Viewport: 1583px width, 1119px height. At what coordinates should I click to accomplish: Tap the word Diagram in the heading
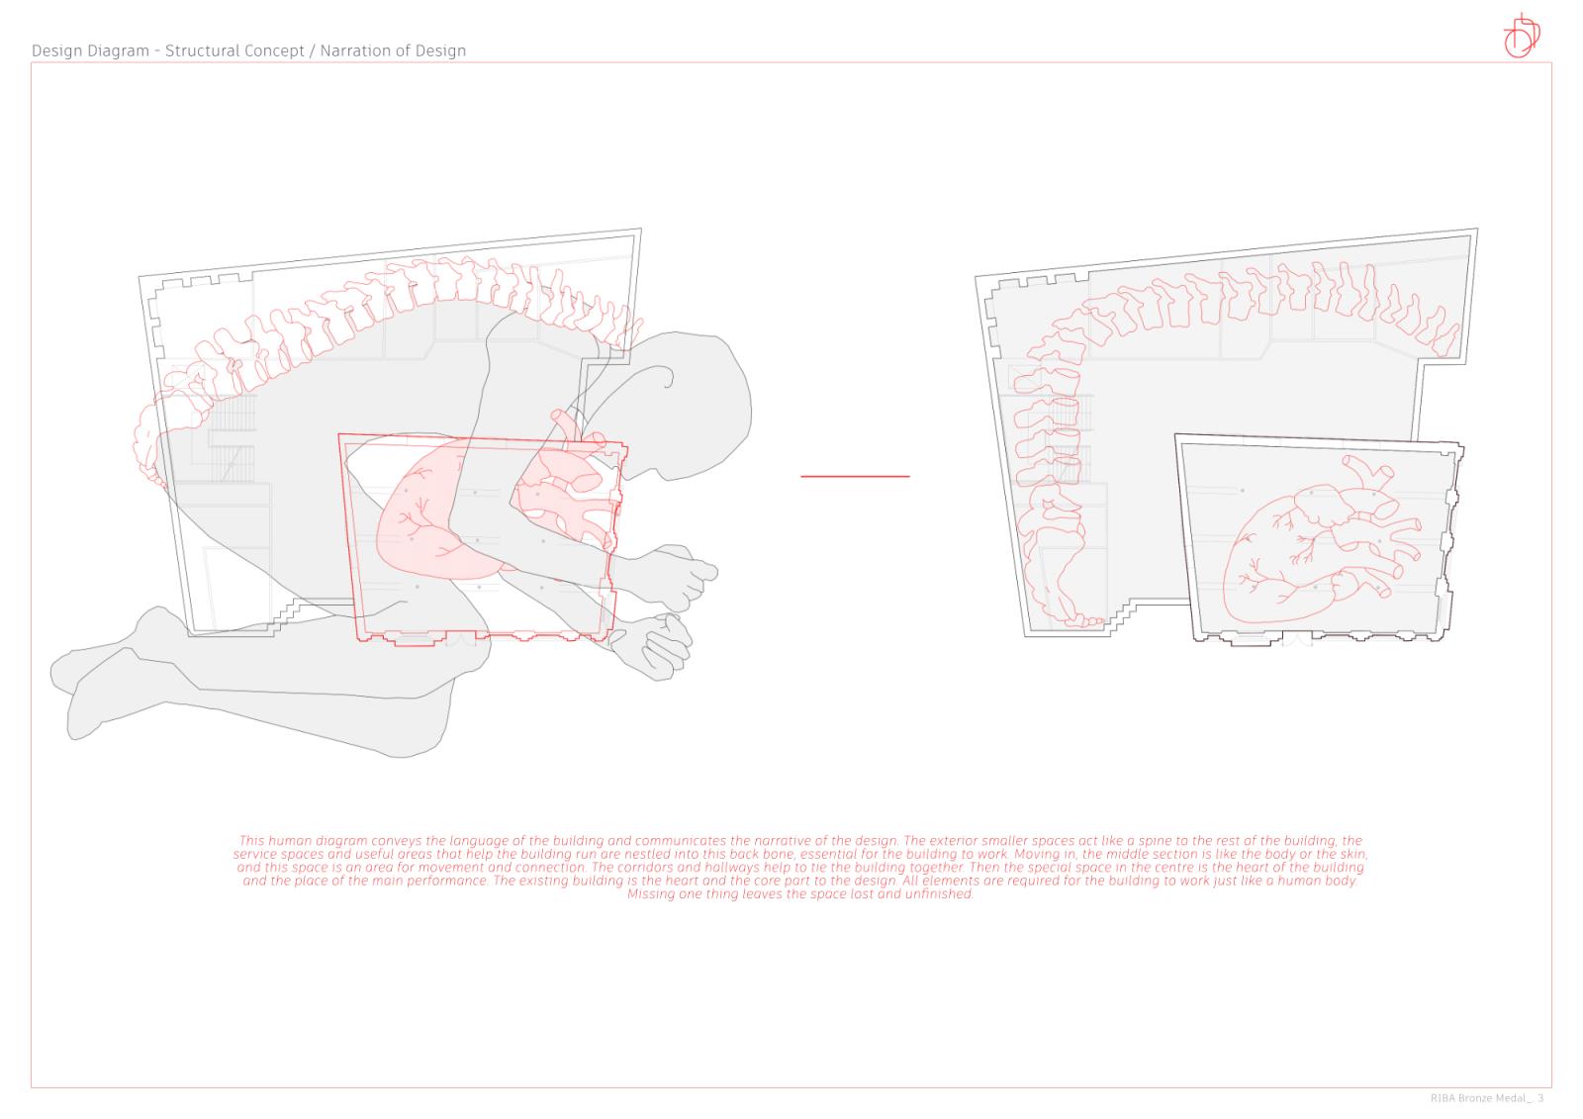click(120, 51)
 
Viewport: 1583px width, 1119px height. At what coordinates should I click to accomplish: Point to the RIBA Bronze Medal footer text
click(1481, 1098)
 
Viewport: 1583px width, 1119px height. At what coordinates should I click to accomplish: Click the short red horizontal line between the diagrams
click(855, 477)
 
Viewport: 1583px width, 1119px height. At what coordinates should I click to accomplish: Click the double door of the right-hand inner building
click(1297, 639)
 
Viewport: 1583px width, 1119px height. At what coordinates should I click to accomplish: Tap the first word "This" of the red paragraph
click(251, 841)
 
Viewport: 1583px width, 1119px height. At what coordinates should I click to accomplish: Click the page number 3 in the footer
click(1540, 1098)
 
